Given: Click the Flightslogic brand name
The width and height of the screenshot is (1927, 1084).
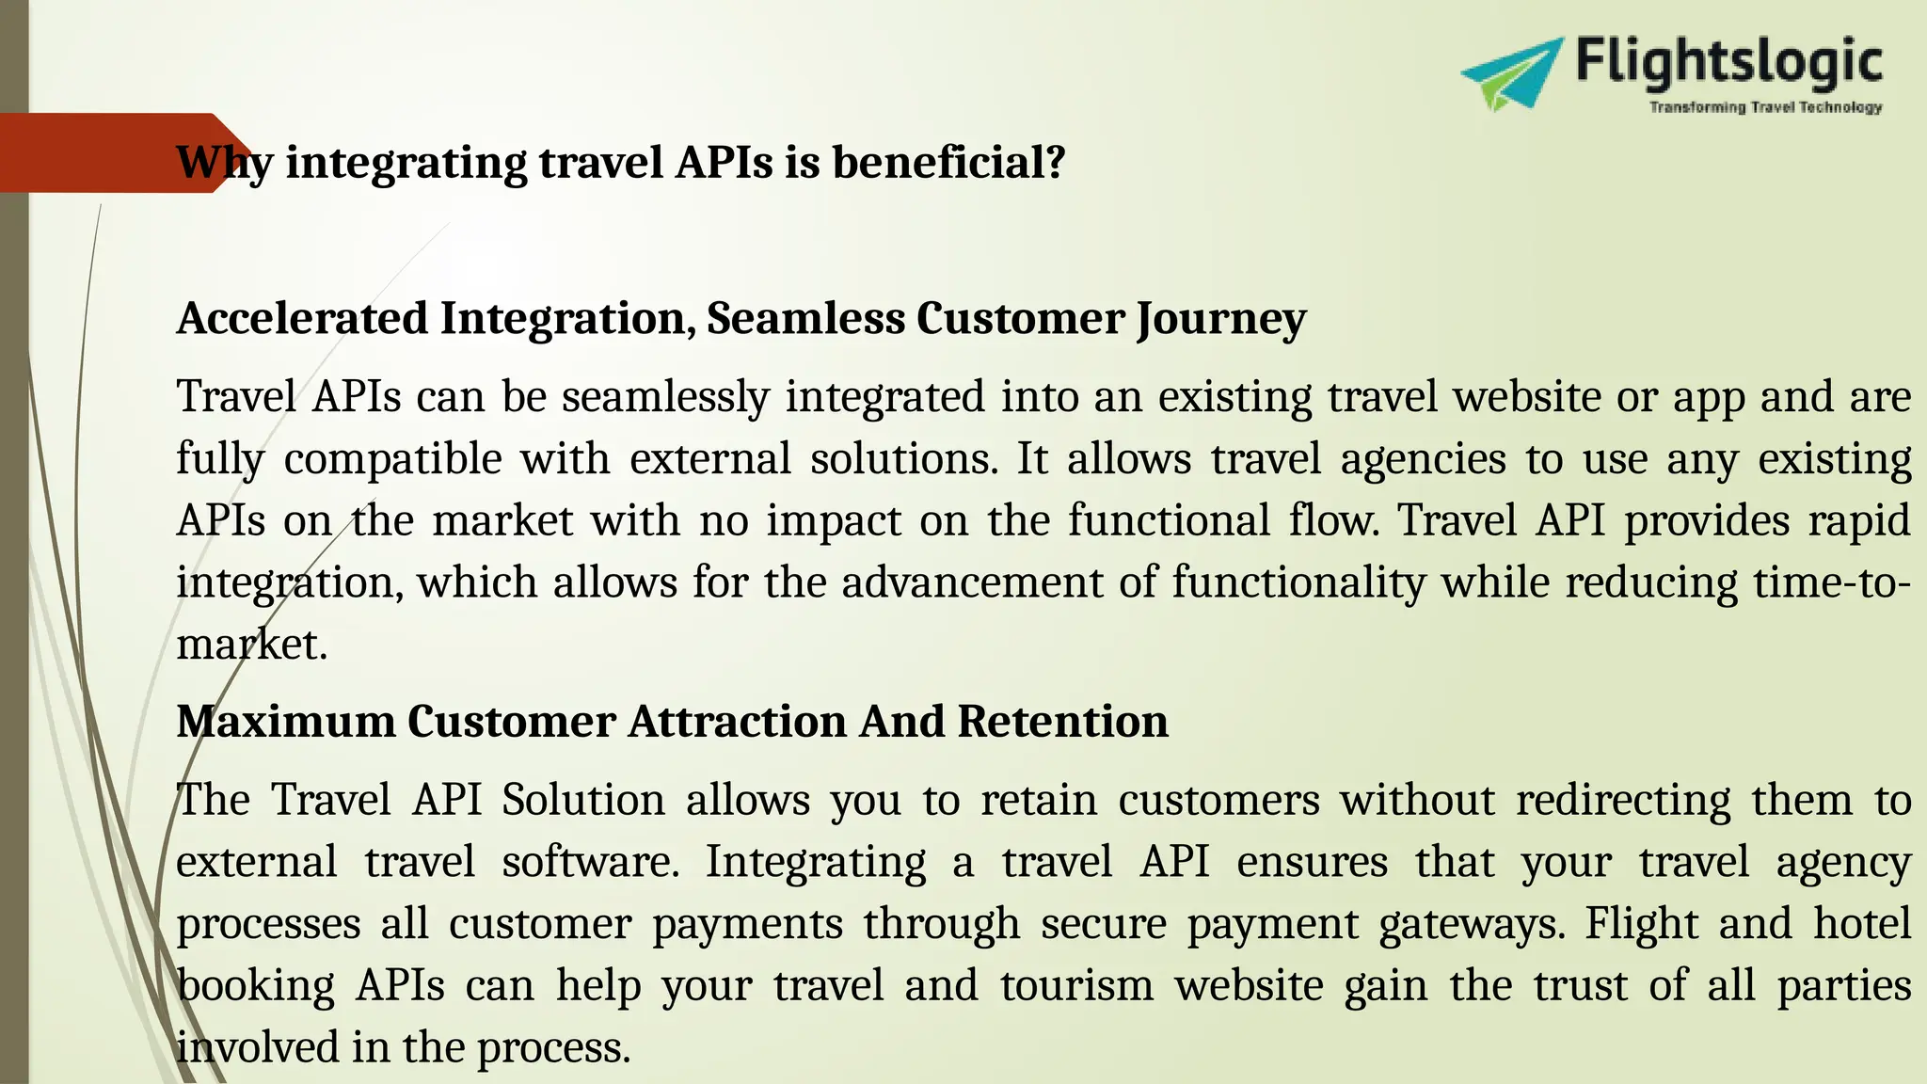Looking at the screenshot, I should [x=1728, y=62].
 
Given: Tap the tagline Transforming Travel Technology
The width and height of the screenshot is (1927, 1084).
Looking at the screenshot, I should [x=1765, y=107].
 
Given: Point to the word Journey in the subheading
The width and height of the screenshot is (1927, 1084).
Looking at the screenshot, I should [x=1221, y=320].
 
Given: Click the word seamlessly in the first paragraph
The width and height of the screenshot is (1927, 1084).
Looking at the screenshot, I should [x=665, y=397].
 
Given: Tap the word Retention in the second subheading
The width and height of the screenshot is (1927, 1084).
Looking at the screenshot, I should [x=1062, y=722].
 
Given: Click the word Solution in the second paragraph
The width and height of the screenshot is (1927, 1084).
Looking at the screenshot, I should [x=583, y=800].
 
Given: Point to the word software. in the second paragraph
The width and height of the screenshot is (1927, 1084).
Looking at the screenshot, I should [x=590, y=862].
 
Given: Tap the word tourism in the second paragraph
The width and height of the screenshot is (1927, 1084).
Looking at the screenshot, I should [x=1076, y=986].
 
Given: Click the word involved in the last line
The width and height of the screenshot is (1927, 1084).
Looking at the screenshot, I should [x=257, y=1047].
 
